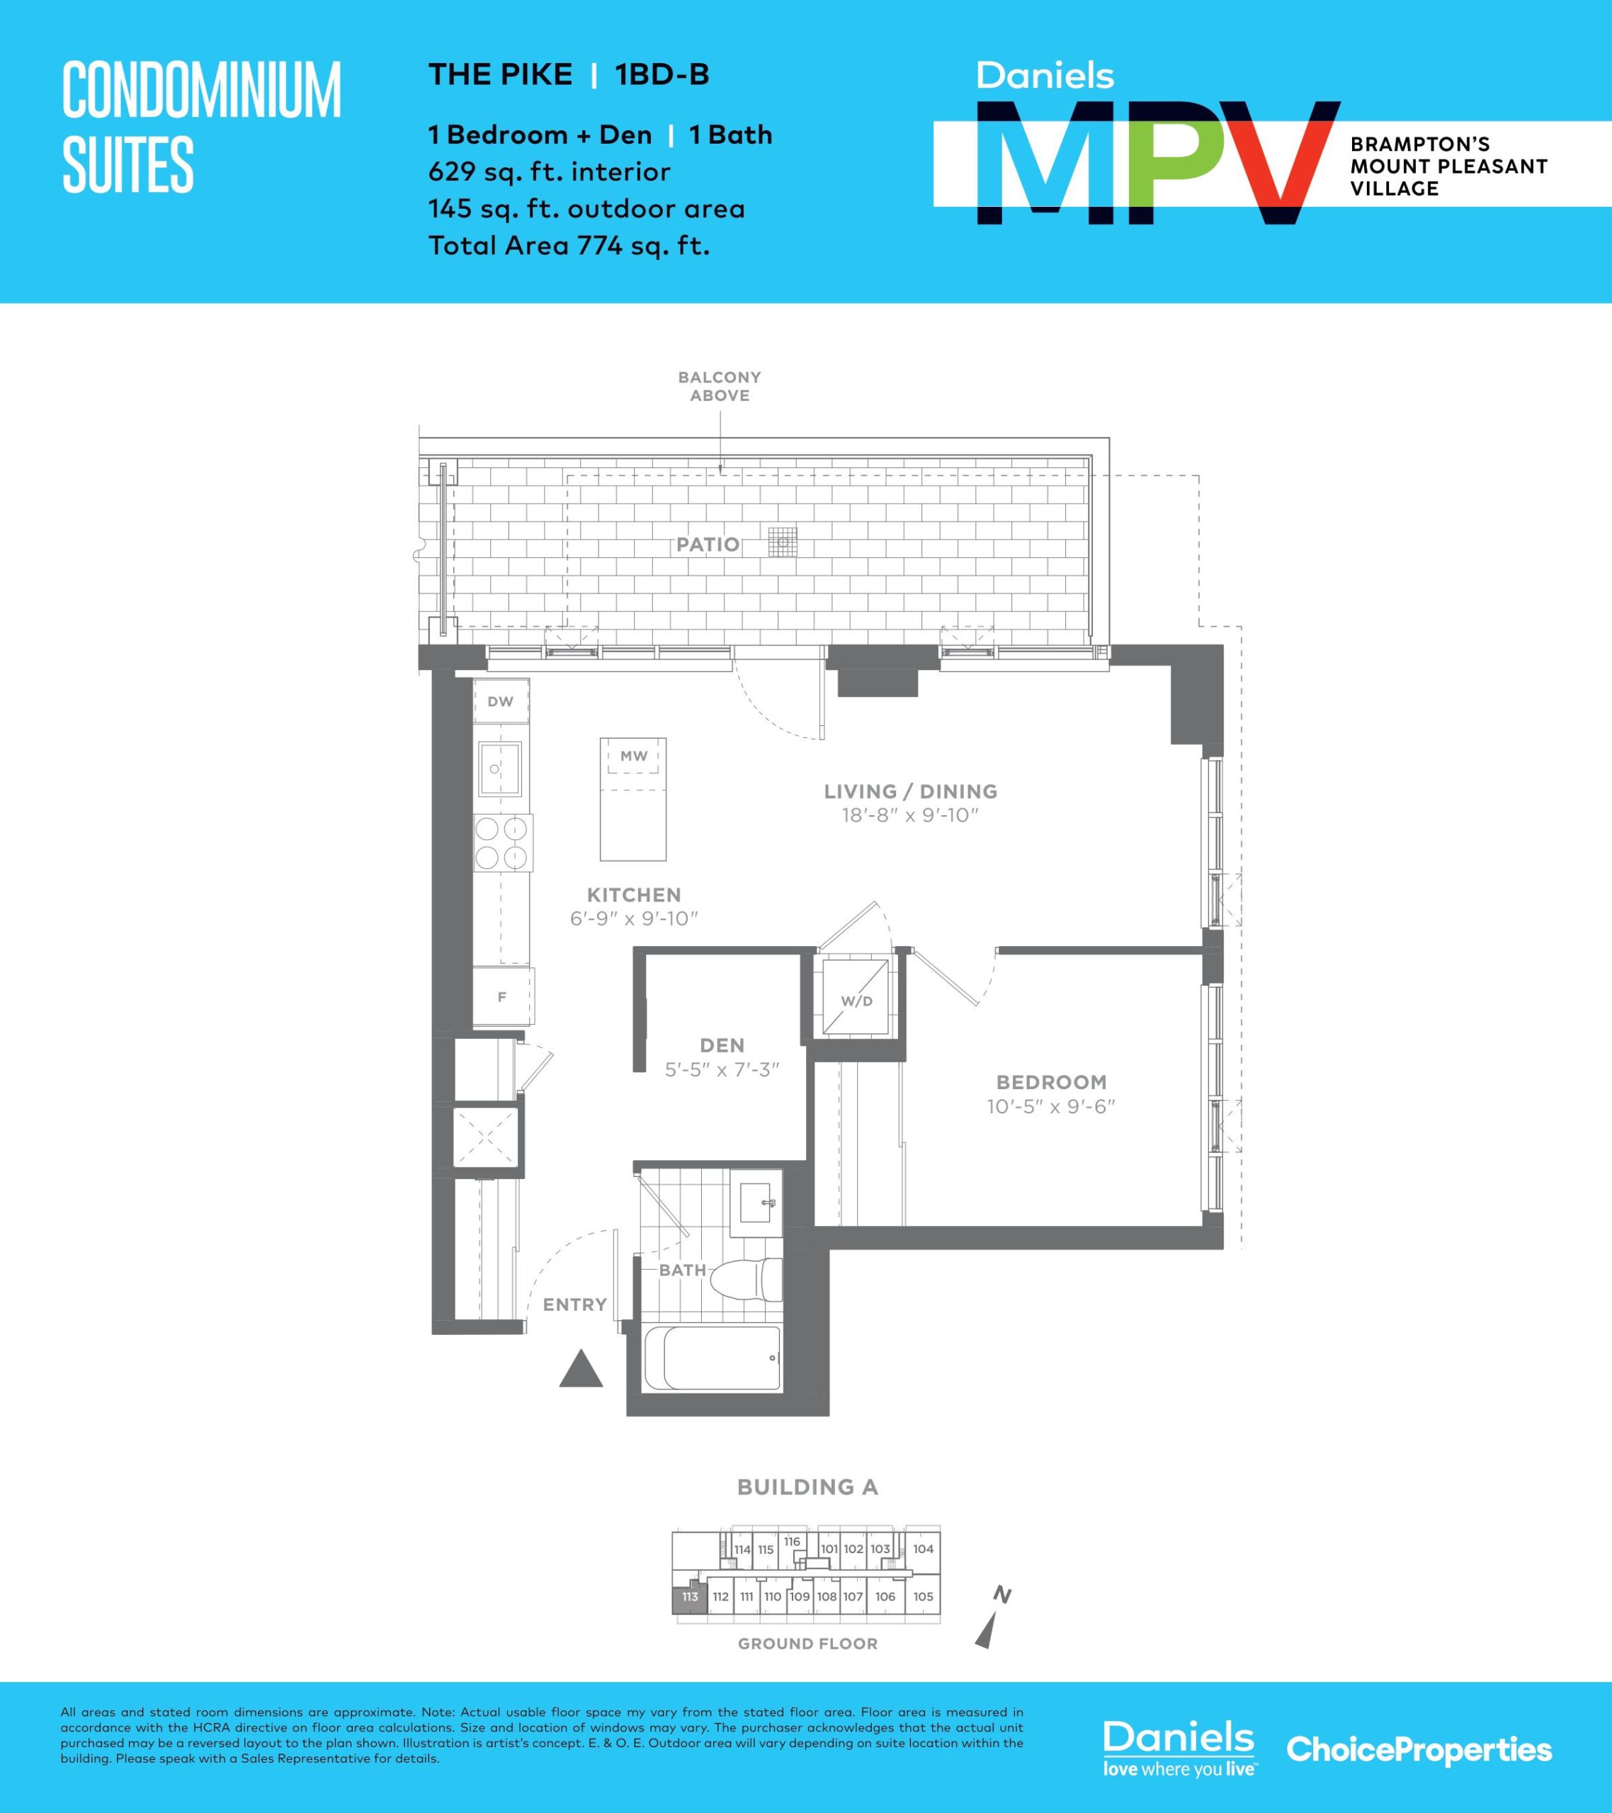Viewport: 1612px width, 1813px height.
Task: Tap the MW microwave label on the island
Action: coord(633,756)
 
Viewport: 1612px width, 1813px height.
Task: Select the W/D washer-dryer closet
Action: coord(856,997)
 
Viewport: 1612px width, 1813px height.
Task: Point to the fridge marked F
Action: coord(502,997)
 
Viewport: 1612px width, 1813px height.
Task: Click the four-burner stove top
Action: coord(503,843)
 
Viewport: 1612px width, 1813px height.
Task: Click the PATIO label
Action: coord(708,545)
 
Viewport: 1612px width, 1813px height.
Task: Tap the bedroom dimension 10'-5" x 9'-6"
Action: coord(1050,1106)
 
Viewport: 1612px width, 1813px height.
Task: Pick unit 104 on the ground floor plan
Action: coord(924,1549)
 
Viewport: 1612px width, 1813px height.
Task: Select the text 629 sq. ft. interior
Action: coord(549,171)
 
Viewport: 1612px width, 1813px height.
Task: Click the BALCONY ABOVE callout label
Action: coord(720,386)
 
